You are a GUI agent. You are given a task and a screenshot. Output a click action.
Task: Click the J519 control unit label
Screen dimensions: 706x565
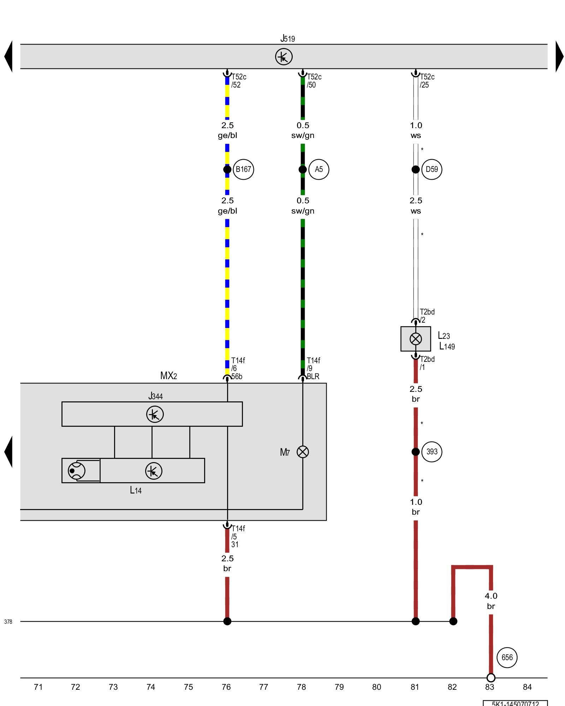pos(287,38)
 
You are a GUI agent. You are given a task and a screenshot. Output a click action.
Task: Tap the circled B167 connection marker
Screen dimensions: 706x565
pos(243,169)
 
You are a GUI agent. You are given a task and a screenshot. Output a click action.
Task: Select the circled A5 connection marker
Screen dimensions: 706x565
pos(319,169)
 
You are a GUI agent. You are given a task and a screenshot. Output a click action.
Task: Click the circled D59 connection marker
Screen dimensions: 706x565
pos(432,169)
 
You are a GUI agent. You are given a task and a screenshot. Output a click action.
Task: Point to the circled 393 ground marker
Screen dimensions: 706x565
pos(432,452)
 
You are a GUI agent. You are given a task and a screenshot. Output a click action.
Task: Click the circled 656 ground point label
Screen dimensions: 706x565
pos(507,657)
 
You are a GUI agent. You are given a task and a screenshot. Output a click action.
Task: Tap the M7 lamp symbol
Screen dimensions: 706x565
pos(303,452)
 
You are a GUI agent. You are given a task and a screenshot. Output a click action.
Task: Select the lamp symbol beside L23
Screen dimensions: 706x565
pos(416,339)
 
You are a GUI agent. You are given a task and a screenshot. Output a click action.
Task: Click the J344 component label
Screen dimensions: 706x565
pos(155,396)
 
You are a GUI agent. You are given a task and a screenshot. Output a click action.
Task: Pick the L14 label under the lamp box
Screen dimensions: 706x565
pos(136,490)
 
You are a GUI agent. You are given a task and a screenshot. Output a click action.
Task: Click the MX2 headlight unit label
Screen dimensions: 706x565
pos(168,376)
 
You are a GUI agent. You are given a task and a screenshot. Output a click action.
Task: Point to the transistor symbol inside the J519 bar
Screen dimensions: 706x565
pos(284,56)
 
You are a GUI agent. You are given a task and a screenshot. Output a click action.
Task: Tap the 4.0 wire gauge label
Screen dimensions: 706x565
pos(491,596)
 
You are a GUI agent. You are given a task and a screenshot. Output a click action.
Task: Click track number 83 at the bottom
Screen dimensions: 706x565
pos(489,687)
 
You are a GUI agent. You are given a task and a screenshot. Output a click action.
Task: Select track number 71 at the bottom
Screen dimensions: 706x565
pos(38,687)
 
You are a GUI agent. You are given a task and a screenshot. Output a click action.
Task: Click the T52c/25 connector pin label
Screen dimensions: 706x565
pos(427,81)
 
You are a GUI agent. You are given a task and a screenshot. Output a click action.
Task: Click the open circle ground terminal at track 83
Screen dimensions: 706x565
pos(491,678)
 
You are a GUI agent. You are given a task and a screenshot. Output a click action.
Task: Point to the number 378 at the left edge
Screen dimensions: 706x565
pos(8,622)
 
